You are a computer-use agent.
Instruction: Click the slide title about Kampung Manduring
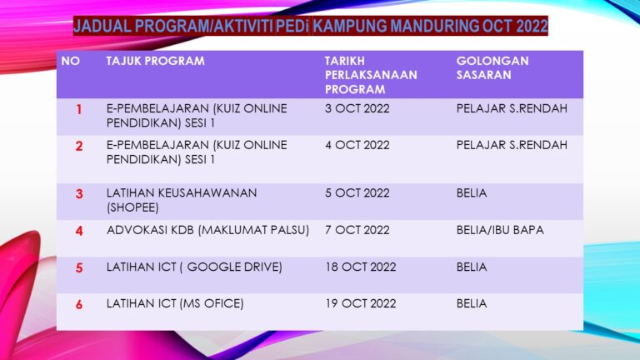(x=310, y=26)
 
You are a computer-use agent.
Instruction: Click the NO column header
(x=71, y=62)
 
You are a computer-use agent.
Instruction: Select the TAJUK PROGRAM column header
(x=155, y=62)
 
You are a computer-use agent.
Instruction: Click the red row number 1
(x=79, y=109)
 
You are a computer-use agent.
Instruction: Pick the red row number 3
(x=79, y=194)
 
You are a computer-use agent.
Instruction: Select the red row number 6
(x=79, y=305)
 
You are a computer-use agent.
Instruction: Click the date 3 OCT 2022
(x=357, y=108)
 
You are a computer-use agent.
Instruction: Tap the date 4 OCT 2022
(x=357, y=145)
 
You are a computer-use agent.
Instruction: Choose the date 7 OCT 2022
(x=357, y=230)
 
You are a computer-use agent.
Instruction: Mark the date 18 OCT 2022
(x=361, y=267)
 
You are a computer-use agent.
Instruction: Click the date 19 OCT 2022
(x=361, y=304)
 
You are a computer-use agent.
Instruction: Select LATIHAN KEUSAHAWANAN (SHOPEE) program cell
(x=182, y=200)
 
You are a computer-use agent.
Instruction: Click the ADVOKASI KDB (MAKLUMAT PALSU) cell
(x=207, y=230)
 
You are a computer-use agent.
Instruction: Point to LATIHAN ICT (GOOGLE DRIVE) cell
(x=194, y=267)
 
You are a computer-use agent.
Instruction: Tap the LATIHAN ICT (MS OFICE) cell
(x=175, y=304)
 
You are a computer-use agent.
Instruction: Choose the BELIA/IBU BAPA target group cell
(x=500, y=230)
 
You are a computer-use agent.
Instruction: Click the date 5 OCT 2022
(x=357, y=193)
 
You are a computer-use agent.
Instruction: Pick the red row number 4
(x=79, y=231)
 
